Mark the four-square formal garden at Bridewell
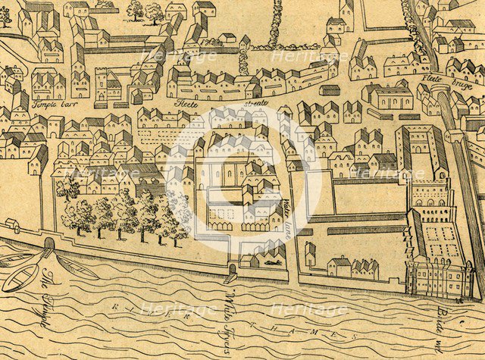(x=444, y=243)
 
